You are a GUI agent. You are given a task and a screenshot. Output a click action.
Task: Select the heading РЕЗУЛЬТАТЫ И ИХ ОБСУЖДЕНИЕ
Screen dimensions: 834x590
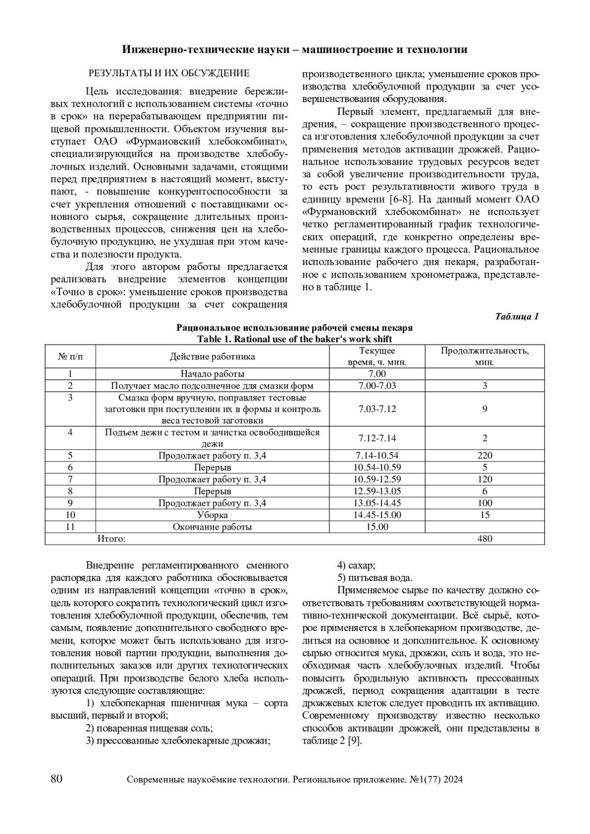(169, 73)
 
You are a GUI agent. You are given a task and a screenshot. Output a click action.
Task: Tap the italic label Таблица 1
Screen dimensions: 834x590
(517, 316)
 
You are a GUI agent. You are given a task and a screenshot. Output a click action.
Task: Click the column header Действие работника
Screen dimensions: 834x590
(212, 356)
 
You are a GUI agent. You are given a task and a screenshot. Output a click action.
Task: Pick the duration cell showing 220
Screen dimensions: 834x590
(484, 455)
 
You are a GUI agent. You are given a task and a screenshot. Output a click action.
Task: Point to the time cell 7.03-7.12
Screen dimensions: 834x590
(377, 409)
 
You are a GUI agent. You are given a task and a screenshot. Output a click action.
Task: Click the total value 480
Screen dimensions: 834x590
(484, 539)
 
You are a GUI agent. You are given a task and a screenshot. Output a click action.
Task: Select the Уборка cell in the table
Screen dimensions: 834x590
(212, 515)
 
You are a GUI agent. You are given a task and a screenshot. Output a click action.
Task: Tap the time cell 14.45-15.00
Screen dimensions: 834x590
(377, 515)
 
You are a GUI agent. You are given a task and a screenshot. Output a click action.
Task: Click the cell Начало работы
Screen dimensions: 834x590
(212, 374)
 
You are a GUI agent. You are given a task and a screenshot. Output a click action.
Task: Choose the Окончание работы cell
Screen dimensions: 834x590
(212, 527)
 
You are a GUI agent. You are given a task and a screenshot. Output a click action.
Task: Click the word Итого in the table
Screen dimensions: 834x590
(111, 539)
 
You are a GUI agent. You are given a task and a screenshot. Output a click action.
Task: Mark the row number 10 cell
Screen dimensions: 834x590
(70, 515)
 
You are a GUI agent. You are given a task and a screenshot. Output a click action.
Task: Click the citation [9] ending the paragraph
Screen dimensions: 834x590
(354, 741)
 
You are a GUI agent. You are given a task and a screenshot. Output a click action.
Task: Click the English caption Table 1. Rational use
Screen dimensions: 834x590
(295, 339)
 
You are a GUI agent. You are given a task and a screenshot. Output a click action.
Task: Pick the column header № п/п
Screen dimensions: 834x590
(70, 356)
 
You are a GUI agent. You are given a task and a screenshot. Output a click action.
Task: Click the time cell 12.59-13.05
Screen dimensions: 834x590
(377, 491)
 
